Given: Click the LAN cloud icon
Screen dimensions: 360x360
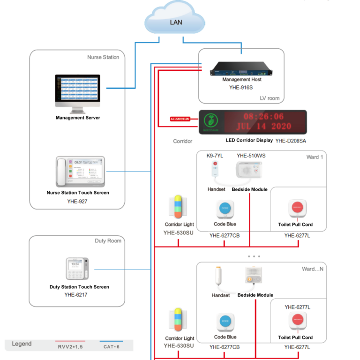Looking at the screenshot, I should pos(175,21).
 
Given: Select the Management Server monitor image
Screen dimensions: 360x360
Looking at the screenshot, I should pos(78,92).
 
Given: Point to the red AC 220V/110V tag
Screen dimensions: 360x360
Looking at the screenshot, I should pos(183,119).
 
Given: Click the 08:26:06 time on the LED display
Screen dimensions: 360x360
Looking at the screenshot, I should pos(263,116).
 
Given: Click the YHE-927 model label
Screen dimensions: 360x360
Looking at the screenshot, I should pos(77,201).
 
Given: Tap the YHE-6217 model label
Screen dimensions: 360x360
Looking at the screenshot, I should pos(76,295).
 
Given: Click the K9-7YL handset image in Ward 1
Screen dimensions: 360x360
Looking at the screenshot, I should pos(216,171).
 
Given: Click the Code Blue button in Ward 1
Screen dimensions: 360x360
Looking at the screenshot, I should pos(225,209).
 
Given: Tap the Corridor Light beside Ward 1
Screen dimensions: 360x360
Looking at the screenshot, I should pos(179,208).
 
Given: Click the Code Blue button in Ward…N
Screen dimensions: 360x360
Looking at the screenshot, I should pos(225,322).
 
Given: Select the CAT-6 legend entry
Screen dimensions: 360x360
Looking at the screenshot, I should pos(111,346).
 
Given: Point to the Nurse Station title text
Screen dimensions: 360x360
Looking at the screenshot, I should pos(103,57).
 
